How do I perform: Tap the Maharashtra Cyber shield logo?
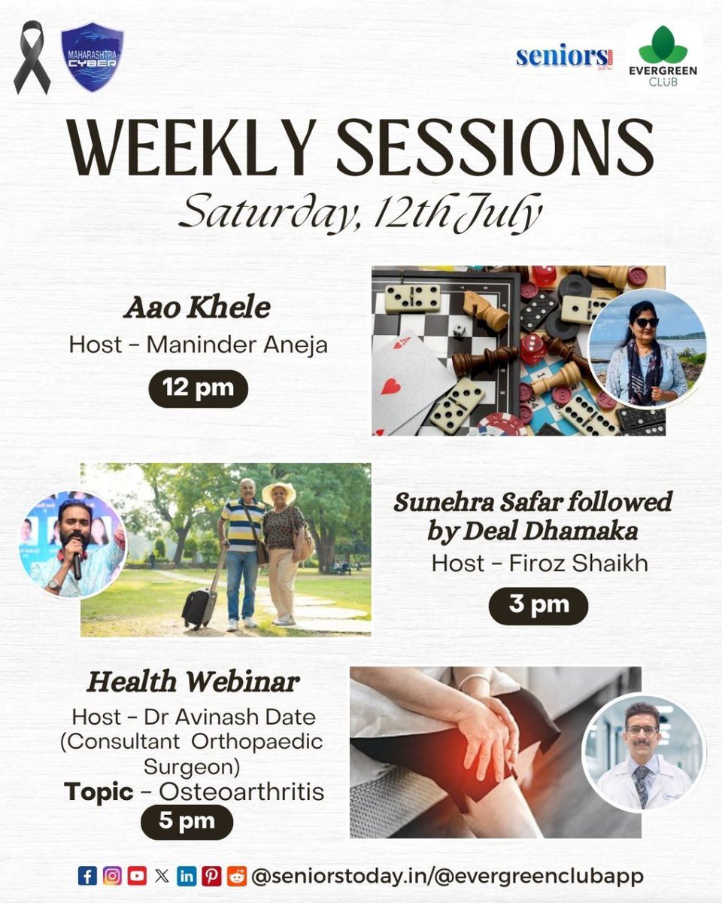[92, 57]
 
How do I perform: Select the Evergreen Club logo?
[663, 56]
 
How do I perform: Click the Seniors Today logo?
[562, 57]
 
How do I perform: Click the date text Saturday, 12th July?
[359, 214]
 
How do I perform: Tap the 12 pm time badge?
[198, 389]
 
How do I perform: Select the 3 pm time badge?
[538, 606]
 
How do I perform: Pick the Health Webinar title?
[193, 683]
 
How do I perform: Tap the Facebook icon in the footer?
[87, 875]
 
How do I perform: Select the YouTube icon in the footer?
[137, 875]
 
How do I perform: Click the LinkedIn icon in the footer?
[186, 875]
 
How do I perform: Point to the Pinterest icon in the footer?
[211, 875]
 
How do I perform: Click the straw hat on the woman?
[278, 491]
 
